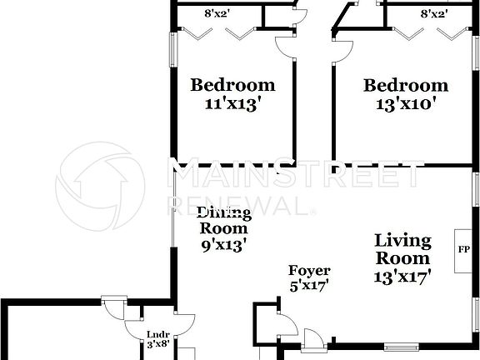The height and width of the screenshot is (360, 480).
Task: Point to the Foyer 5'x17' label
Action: (309, 278)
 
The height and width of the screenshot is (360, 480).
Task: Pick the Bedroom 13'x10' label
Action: (406, 94)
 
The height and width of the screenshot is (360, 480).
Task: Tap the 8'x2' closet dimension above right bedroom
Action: (434, 13)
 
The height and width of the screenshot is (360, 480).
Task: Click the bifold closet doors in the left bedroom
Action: (218, 34)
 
